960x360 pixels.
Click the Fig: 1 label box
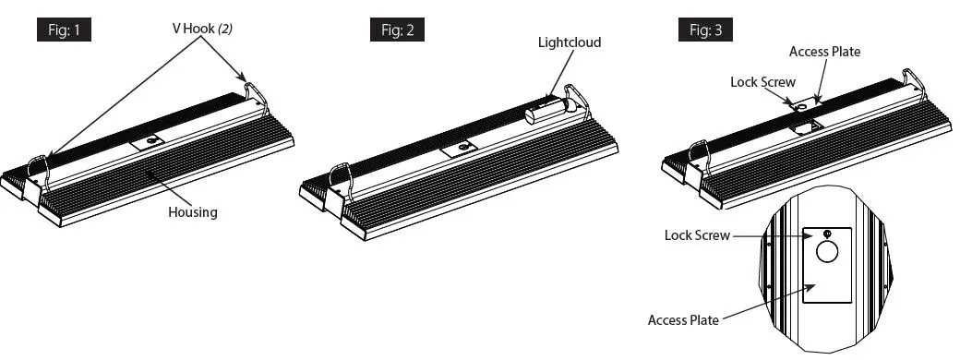64,30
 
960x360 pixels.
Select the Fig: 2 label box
397,30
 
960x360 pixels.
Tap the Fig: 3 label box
706,30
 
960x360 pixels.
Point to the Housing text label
192,211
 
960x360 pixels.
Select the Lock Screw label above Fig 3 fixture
762,82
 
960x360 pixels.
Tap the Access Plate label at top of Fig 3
824,52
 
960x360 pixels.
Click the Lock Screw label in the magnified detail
698,234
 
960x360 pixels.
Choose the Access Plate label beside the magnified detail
683,319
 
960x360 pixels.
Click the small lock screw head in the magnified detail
828,233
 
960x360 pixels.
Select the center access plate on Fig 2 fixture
459,148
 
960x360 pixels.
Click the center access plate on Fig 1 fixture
148,140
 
